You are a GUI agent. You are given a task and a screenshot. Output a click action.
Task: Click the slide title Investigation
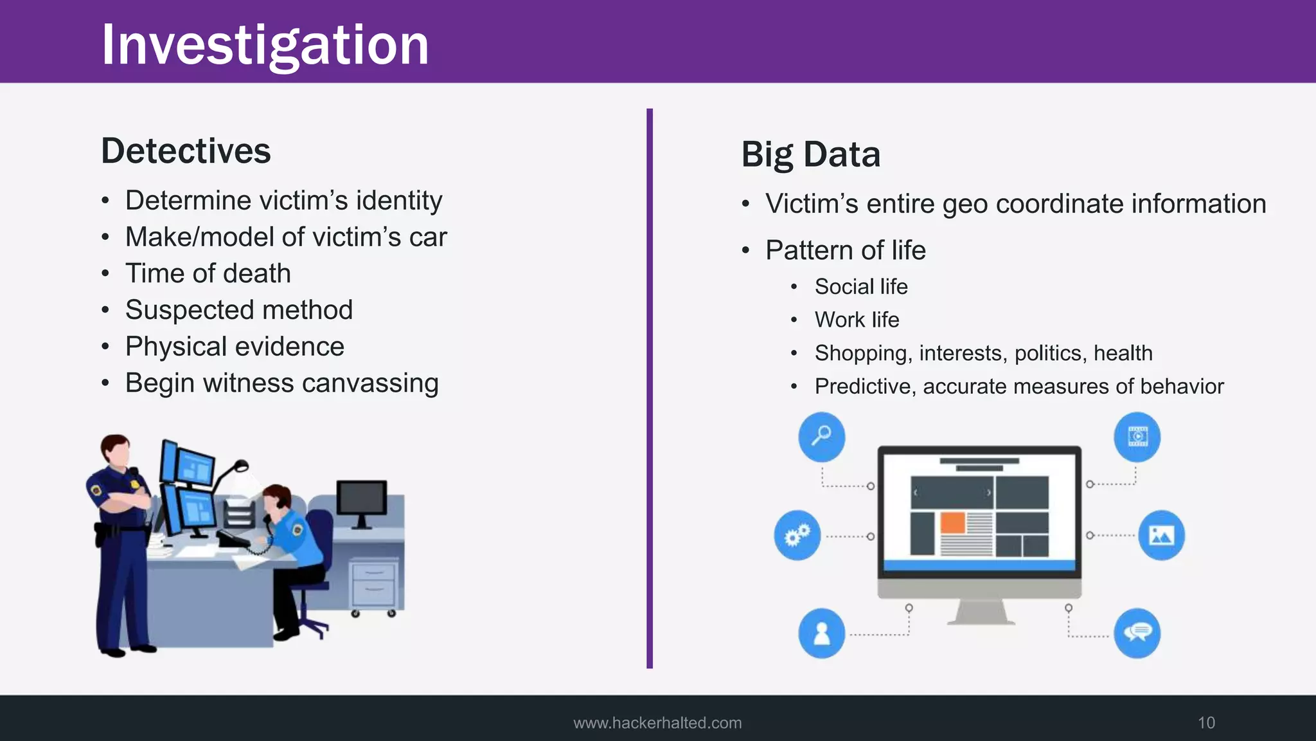(265, 45)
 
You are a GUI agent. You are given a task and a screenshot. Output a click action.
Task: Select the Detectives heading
(186, 151)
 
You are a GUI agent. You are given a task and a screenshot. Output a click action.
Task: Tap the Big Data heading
(810, 154)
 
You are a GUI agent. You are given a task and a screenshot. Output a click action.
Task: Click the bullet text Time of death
(208, 273)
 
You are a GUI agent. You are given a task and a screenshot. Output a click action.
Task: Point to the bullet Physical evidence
(235, 347)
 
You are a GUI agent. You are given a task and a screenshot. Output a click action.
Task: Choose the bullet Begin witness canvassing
(281, 383)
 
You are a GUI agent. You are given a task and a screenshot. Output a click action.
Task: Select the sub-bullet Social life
(861, 287)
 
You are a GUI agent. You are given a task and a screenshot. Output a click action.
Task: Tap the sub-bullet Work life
(857, 320)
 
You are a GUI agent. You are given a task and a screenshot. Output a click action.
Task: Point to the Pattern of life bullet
(845, 250)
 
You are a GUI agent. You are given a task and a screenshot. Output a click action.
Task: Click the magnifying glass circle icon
(821, 437)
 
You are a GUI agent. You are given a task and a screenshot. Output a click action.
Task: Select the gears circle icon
(797, 535)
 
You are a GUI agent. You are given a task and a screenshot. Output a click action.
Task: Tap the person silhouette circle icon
(821, 634)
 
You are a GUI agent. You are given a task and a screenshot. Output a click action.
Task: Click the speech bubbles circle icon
(1137, 634)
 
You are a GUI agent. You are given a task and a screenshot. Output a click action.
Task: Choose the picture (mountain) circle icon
(1161, 535)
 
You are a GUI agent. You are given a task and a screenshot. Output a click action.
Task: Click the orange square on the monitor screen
(953, 523)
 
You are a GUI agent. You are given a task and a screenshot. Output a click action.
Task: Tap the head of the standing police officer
(116, 450)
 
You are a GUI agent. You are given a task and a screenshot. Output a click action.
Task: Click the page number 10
(1206, 723)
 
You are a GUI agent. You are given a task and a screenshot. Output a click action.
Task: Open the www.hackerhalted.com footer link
(657, 723)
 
